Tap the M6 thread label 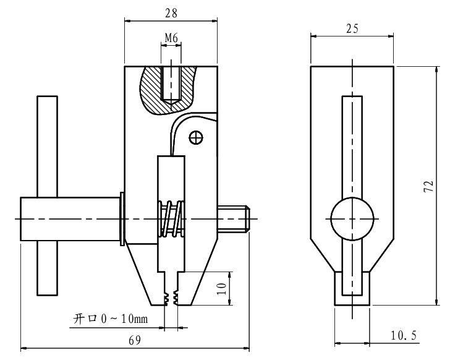(171, 38)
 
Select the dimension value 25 (352, 28)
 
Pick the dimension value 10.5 (404, 335)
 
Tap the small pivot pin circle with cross (196, 137)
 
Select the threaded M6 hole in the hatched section (171, 83)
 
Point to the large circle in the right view (352, 218)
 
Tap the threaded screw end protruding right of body (234, 218)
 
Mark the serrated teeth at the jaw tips (171, 298)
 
